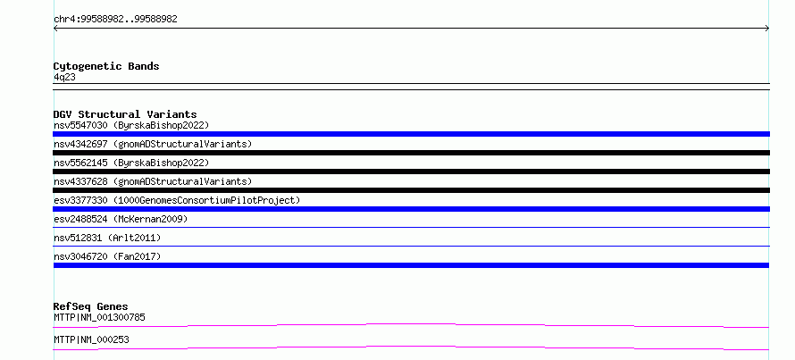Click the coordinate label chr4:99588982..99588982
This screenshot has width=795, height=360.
coord(115,20)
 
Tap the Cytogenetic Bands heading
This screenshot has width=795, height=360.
coord(106,66)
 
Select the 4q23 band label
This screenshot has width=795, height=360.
coord(65,78)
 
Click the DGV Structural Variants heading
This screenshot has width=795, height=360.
coord(125,114)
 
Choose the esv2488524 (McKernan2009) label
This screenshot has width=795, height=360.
coord(121,219)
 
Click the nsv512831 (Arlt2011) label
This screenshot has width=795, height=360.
coord(107,238)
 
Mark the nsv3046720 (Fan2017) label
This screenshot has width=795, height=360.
coord(107,256)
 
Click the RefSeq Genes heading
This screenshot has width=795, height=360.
coord(91,306)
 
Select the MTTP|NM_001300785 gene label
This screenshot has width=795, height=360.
coord(99,317)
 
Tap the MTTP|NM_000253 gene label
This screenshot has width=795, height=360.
coord(91,339)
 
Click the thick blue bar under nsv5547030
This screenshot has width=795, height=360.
coord(411,134)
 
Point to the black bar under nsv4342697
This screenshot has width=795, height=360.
coord(411,153)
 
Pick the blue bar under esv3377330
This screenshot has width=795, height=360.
coord(411,209)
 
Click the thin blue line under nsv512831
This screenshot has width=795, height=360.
coord(411,246)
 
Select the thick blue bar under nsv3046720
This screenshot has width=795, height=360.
coord(411,265)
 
